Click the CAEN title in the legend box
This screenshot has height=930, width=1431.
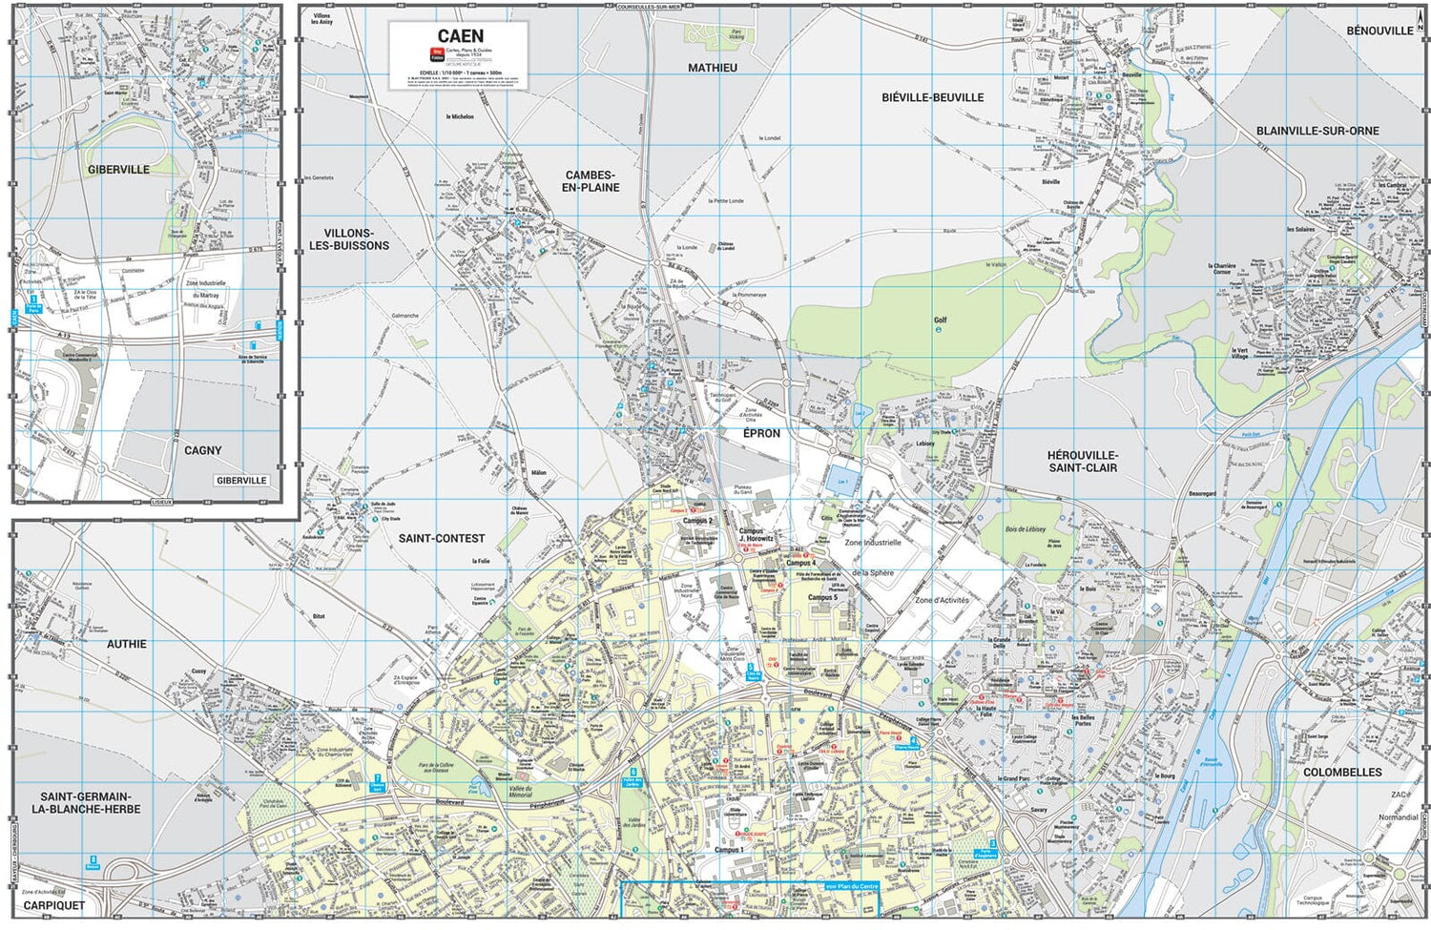tap(460, 36)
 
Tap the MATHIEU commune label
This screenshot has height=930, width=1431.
tap(713, 68)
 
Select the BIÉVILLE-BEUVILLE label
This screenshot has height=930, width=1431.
tap(932, 97)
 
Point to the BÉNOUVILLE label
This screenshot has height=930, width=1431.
tap(1379, 31)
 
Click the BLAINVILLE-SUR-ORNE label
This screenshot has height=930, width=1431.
tap(1317, 131)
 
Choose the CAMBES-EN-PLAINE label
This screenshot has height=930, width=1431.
tap(591, 181)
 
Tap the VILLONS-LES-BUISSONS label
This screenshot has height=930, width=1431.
tap(349, 239)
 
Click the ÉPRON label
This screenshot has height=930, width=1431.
tap(761, 433)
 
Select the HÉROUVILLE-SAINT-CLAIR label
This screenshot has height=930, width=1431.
tap(1083, 462)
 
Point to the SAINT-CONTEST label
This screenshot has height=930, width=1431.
tap(442, 538)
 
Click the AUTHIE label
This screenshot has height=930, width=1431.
tap(127, 644)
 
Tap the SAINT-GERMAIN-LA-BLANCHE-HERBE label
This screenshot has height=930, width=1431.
tap(86, 802)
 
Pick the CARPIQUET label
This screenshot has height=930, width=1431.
tap(54, 905)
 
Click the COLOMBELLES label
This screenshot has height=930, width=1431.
tap(1342, 772)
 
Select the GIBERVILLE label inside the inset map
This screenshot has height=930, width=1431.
tap(119, 170)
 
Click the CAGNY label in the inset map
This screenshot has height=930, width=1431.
tap(202, 450)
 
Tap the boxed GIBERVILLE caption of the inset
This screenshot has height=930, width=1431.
tap(241, 481)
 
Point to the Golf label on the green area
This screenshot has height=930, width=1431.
tap(940, 320)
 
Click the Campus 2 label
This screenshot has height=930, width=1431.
tap(696, 521)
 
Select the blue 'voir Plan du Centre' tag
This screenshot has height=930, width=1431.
tap(852, 887)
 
